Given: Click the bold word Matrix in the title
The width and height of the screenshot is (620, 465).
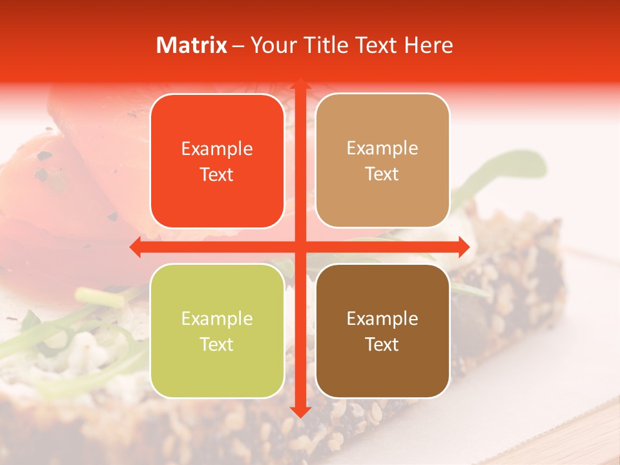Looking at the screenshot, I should point(192,45).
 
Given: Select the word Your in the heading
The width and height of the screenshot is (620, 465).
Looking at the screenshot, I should point(271,45).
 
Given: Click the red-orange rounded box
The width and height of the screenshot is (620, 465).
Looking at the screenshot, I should point(217,161).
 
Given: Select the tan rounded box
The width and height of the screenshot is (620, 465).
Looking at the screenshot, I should point(382,161).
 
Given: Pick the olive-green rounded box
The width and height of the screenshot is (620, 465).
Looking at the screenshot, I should point(217,331).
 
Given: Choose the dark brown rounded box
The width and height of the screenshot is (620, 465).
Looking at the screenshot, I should point(382,331).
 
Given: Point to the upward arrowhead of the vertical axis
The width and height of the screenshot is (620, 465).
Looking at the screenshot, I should point(299,85).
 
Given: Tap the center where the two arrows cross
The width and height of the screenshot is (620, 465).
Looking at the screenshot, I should point(299,247).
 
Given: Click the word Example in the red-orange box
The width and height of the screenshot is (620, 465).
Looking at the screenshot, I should point(217,149).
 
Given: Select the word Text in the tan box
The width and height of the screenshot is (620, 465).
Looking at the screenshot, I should point(382,174).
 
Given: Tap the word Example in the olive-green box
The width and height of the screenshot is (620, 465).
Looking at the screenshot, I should point(217,318).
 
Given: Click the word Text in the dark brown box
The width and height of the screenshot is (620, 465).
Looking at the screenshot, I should point(382,344).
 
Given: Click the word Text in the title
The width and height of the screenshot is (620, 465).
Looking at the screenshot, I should point(374,45).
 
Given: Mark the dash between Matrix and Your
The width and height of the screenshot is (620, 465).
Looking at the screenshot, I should point(238,46).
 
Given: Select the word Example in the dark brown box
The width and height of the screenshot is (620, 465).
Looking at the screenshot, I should point(382,318).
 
